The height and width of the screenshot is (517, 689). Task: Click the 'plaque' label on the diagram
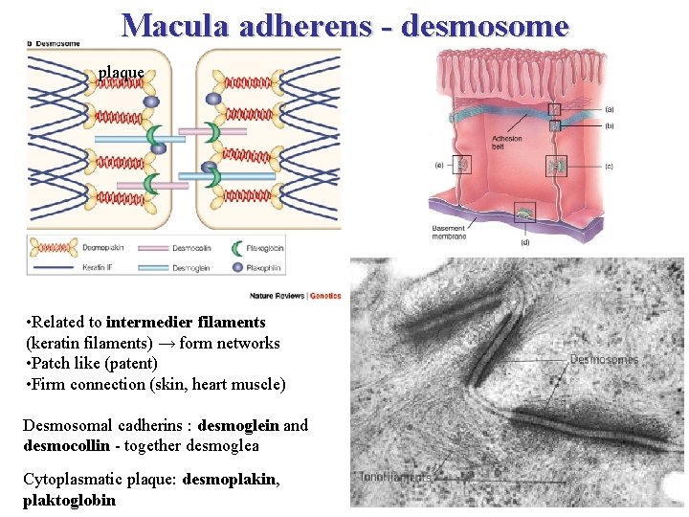click(121, 72)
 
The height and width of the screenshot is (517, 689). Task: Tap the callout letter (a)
click(610, 109)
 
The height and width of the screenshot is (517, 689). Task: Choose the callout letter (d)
click(524, 242)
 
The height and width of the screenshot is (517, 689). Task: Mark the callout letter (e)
click(439, 166)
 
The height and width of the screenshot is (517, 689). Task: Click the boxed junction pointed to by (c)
click(556, 166)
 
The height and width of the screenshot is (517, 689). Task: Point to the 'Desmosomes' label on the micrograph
click(604, 360)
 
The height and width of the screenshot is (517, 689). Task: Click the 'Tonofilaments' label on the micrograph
click(395, 476)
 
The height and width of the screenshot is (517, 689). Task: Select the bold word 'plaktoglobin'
click(69, 500)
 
